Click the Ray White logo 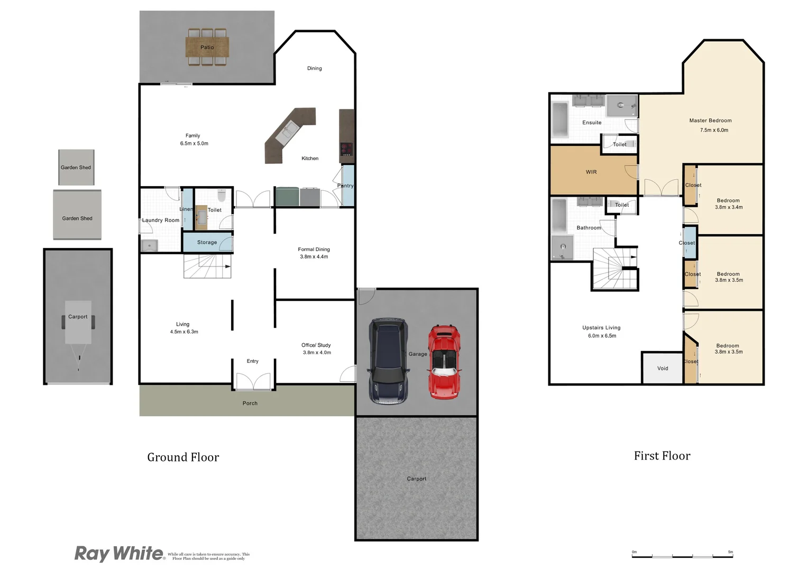(x=120, y=554)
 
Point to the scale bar (x=682, y=555)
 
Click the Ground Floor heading (x=183, y=457)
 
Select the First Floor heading (x=662, y=456)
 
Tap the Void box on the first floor (x=662, y=368)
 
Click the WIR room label (x=591, y=172)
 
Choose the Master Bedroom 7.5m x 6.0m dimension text (x=714, y=130)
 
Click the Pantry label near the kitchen (x=345, y=186)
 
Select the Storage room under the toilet (x=207, y=242)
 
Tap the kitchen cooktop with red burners (x=346, y=149)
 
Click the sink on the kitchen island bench (x=286, y=130)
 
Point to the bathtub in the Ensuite (x=560, y=119)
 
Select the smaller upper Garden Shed (x=76, y=167)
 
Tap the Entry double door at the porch (x=253, y=382)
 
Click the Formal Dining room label (x=314, y=249)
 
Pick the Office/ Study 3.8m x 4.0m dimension (x=317, y=353)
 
